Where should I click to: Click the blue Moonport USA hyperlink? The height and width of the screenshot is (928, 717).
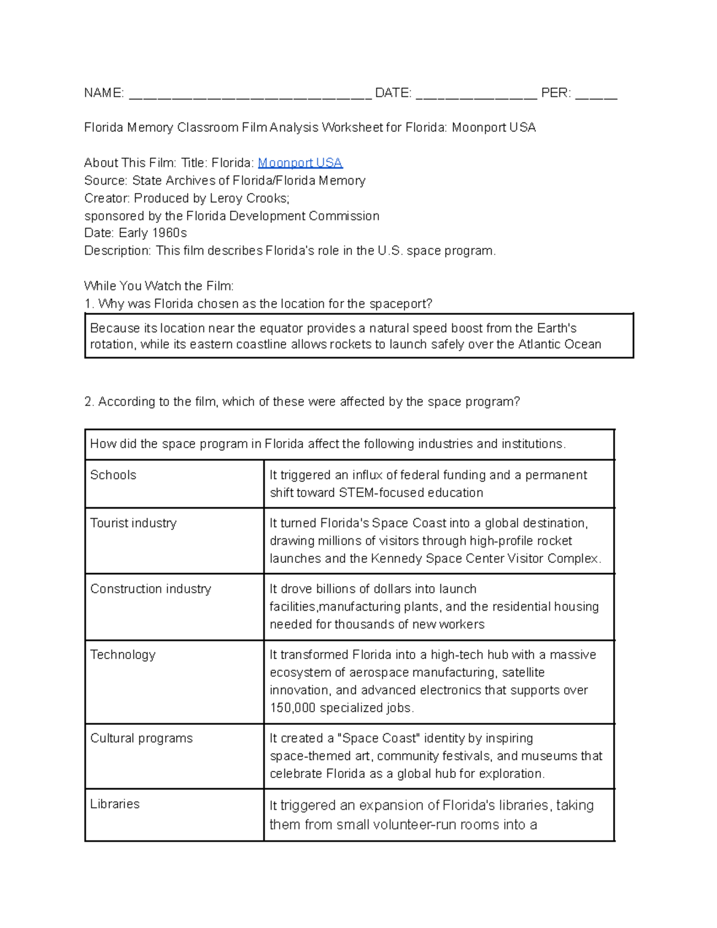pos(300,163)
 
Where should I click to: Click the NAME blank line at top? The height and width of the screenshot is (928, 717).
pos(250,94)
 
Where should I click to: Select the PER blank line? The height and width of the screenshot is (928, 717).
pos(596,94)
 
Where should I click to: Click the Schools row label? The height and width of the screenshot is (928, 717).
pos(113,475)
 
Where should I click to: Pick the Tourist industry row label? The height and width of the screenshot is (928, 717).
pos(133,523)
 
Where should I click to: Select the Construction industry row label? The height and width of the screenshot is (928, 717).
pos(151,589)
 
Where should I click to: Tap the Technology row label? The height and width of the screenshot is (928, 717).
pos(122,654)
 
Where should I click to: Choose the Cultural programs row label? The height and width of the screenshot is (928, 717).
pos(141,738)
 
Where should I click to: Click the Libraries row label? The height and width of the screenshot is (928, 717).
pos(115,804)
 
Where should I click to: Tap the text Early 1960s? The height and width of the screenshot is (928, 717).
pos(153,233)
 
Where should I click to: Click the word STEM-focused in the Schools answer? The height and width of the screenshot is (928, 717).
pos(375,493)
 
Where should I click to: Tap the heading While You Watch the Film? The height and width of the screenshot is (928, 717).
pos(159,286)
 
